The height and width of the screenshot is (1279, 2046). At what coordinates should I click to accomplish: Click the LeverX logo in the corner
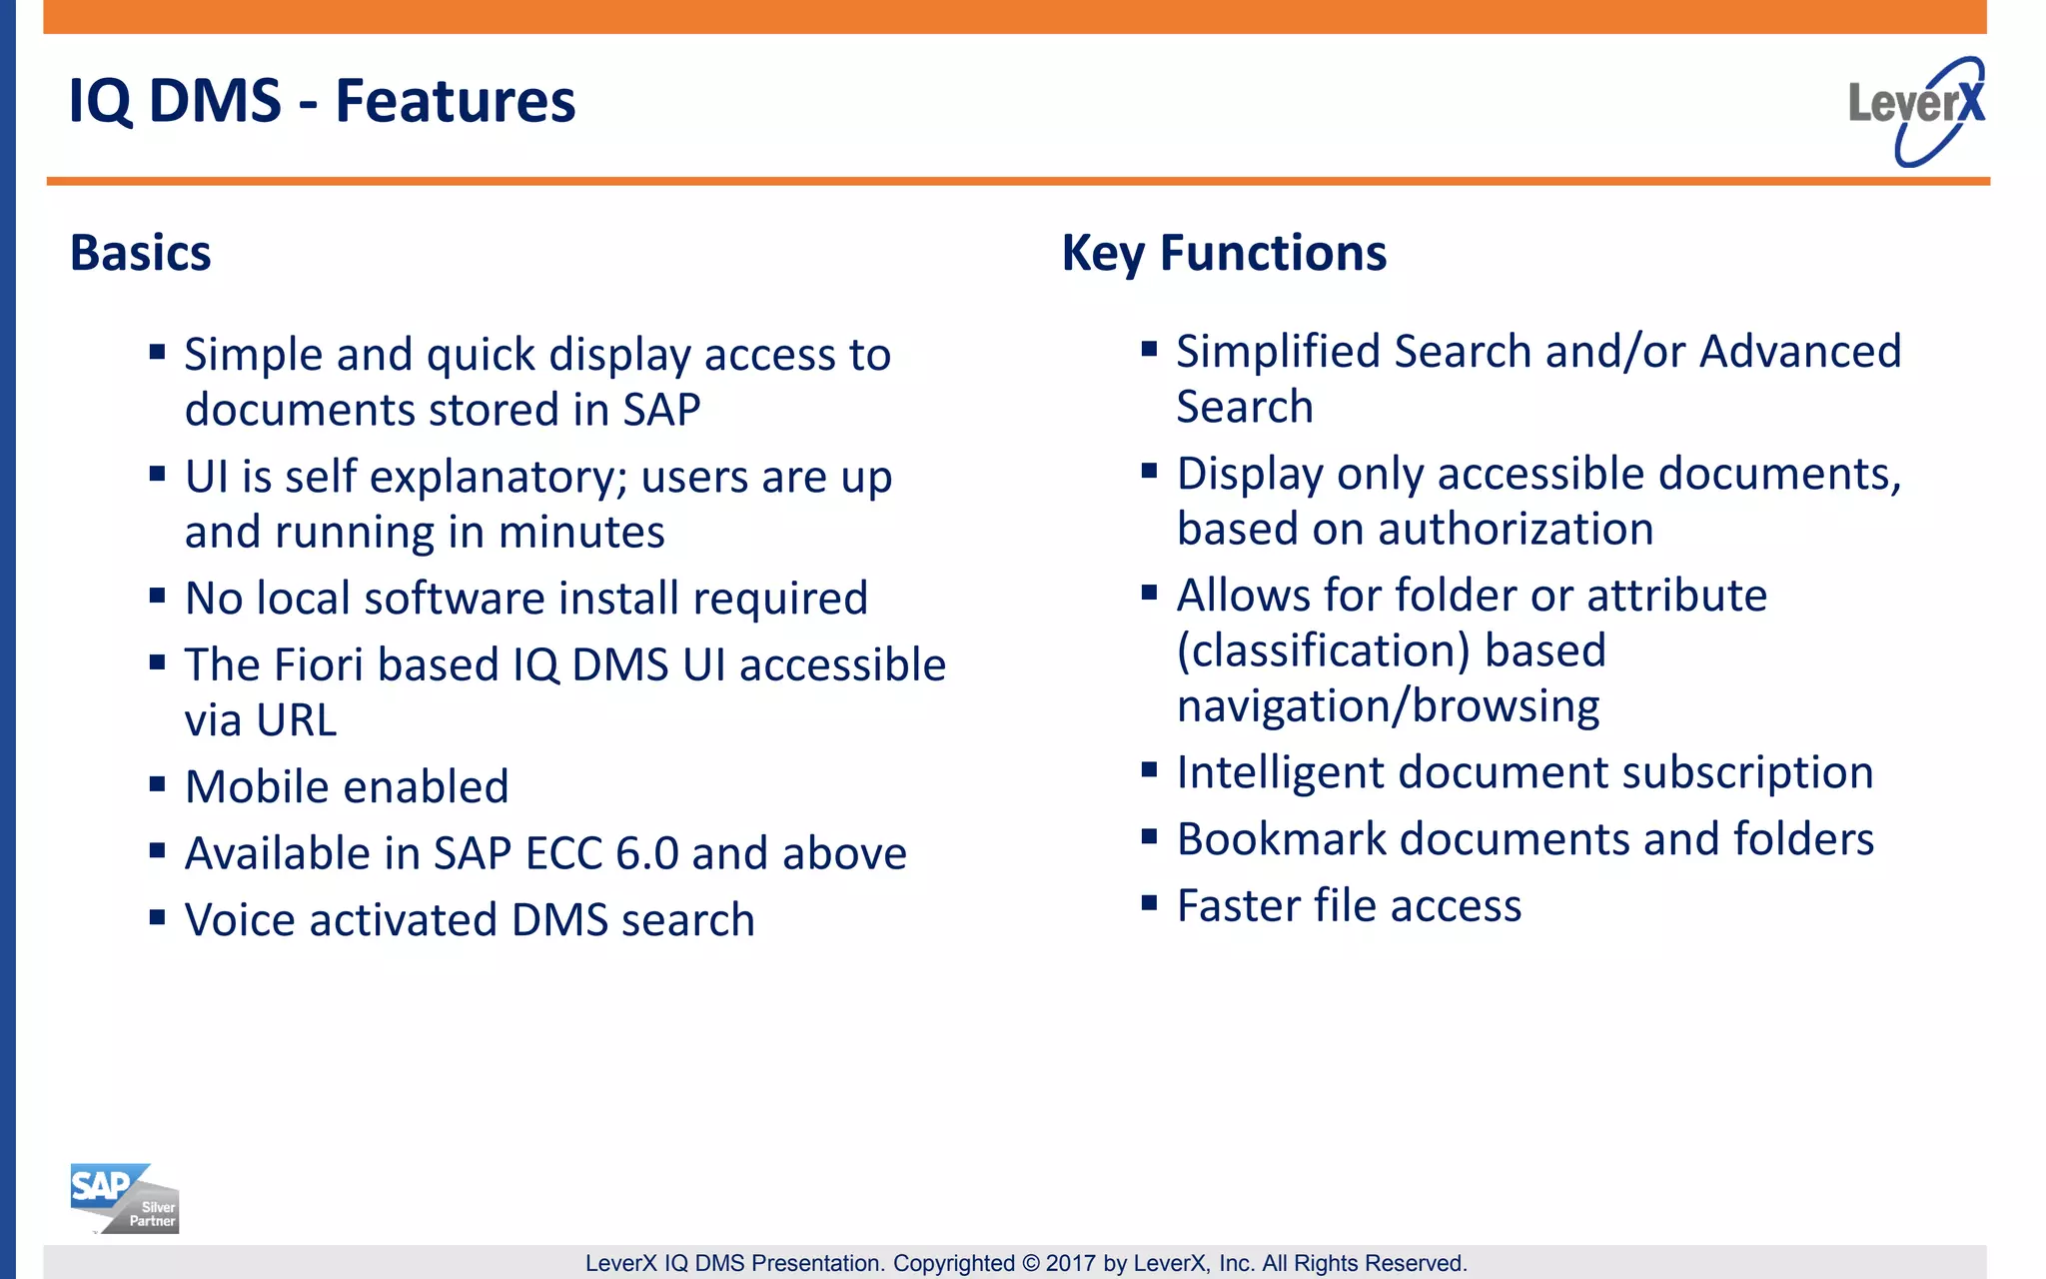1916,110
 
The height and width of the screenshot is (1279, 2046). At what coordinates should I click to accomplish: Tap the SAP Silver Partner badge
124,1198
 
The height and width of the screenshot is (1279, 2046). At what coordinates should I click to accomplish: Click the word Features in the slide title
455,102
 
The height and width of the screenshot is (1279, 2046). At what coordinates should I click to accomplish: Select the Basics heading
140,253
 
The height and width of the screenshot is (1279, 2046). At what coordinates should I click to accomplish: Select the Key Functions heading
1224,253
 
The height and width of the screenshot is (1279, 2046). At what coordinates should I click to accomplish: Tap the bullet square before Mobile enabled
157,783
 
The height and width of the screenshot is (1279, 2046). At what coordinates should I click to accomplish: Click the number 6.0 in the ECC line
646,854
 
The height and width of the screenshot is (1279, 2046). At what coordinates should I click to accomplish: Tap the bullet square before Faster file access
1149,903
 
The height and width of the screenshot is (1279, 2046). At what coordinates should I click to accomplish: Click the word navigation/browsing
1388,707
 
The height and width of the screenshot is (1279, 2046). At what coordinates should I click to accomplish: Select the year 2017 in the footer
1070,1263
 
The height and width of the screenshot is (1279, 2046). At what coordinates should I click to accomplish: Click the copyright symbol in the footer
1030,1263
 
